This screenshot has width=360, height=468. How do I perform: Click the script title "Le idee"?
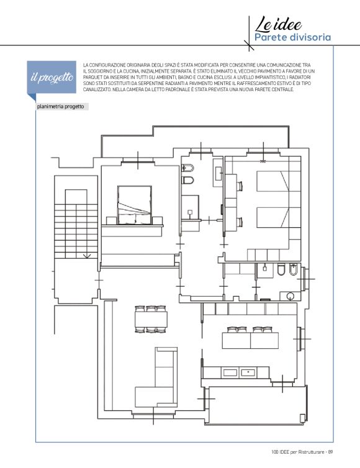coord(278,25)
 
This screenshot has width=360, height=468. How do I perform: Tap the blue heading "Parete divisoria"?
coord(292,38)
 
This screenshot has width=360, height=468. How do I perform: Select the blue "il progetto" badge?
coord(52,78)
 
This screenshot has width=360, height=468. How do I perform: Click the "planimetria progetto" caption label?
coord(61,107)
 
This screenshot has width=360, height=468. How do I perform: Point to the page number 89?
coord(330,452)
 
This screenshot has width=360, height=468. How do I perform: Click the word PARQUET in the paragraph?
coord(91,78)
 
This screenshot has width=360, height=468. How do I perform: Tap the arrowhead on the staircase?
coord(87,256)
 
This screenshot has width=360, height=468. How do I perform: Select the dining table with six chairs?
coord(151,319)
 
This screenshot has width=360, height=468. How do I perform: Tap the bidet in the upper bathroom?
coord(188,168)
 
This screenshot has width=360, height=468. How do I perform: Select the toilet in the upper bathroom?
coord(188,180)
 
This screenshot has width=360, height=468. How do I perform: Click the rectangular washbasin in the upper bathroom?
coord(218,173)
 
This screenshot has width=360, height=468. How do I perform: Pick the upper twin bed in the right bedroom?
coord(273,181)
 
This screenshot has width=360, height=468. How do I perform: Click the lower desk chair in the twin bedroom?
coord(240,222)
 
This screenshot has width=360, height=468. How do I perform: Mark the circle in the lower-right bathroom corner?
coord(290,296)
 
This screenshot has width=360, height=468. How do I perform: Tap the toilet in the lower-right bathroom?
coord(281,269)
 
